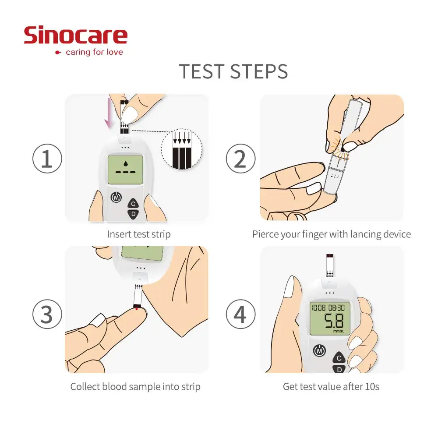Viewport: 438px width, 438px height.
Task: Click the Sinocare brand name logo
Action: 75,35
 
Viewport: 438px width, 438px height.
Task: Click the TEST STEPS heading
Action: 233,71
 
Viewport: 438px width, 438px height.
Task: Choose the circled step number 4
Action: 240,315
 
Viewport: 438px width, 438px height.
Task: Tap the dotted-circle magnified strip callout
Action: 181,148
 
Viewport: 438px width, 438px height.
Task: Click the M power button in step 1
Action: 117,198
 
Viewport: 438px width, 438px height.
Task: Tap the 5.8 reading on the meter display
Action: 335,321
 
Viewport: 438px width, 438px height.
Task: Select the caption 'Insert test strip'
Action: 139,234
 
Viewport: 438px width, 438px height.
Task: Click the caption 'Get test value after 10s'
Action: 331,387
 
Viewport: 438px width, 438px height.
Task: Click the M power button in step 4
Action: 319,350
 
